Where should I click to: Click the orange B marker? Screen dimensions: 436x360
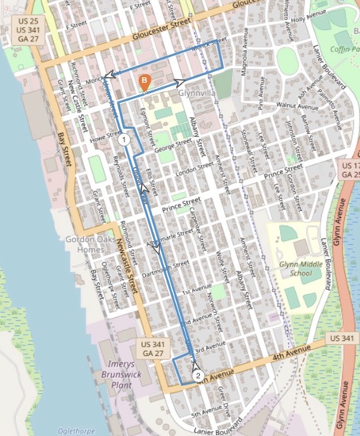tap(144, 81)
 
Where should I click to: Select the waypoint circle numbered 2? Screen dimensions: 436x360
tap(197, 376)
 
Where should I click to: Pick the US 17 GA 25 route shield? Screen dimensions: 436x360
tap(349, 169)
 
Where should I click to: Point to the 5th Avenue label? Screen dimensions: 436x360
tap(205, 412)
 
